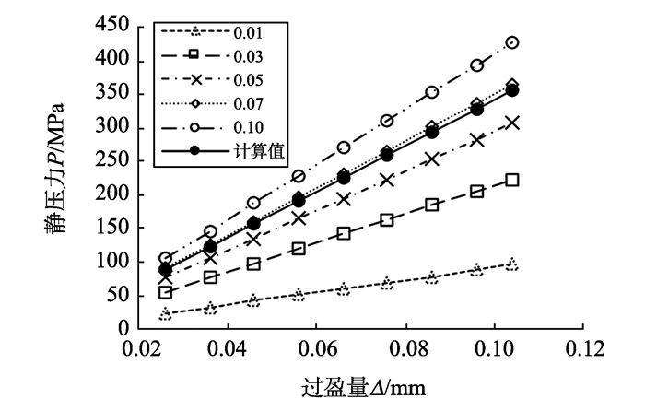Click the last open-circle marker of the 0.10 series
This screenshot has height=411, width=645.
pos(512,42)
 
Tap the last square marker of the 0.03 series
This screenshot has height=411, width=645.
pos(512,180)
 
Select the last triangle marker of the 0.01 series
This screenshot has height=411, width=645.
pos(512,264)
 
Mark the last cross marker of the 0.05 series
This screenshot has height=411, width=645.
pos(512,123)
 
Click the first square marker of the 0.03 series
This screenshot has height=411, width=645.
pos(166,292)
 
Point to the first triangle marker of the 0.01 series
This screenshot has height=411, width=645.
pos(166,314)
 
